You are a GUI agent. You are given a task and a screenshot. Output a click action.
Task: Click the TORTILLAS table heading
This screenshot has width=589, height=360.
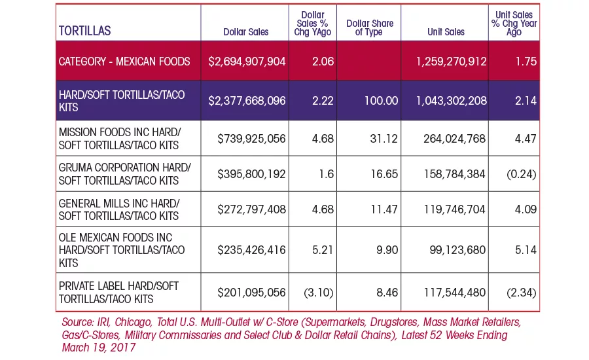coord(84,31)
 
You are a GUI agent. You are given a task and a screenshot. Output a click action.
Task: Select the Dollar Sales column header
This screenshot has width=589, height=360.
coord(245,32)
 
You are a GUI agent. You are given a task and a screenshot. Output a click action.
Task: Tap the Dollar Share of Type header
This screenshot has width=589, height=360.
coord(370,27)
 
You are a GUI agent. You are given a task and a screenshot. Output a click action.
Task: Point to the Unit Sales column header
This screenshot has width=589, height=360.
coord(446,32)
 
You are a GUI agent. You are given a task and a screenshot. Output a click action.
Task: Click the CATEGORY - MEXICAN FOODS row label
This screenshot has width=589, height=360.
coord(124,62)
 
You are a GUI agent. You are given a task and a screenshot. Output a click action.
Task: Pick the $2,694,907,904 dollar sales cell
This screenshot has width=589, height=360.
coord(247,62)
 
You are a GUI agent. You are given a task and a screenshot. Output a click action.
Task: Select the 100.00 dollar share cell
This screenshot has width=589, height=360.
coord(381,101)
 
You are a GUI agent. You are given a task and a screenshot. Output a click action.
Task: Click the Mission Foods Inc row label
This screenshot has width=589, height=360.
coord(120,139)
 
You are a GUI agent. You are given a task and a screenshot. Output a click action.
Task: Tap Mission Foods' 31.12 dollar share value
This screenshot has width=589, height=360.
coord(384,139)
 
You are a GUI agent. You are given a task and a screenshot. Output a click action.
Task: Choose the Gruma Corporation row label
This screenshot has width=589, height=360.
coord(125,174)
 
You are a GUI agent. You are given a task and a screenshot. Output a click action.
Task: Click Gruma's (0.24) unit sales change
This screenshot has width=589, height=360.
coord(522,174)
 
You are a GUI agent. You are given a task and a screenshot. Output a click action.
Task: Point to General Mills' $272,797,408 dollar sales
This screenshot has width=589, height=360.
coord(251,209)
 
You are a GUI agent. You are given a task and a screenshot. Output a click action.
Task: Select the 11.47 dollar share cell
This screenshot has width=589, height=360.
coord(384,209)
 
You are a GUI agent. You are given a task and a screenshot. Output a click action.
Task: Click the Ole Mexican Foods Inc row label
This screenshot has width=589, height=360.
coord(122,250)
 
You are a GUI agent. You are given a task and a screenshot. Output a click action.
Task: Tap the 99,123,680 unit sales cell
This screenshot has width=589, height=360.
coord(457,250)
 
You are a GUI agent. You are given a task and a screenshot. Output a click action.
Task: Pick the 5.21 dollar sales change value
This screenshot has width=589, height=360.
coord(323,250)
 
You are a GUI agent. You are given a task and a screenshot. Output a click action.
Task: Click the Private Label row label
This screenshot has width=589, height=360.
coord(118,293)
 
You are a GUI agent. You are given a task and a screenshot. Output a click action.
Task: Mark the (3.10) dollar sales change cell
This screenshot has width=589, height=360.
coord(319,293)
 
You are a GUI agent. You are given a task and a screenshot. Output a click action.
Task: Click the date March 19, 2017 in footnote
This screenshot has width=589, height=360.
coord(99,348)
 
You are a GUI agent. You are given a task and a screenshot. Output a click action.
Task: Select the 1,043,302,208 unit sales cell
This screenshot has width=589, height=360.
coord(451,101)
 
